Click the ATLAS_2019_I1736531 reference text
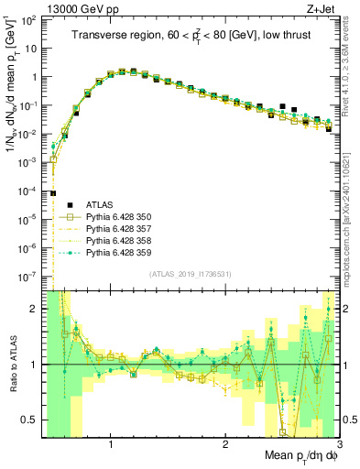(x=191, y=275)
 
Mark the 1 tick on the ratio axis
(x=35, y=365)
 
